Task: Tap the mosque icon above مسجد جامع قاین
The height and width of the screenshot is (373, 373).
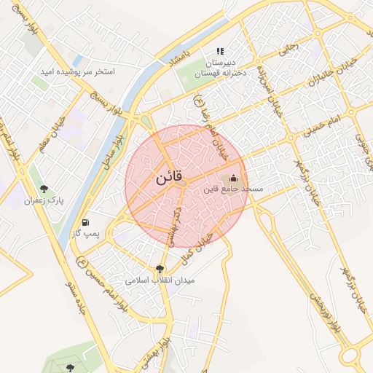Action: click(234, 178)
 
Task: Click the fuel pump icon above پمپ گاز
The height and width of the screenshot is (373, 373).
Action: click(86, 221)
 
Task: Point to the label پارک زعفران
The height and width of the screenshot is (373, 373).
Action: click(44, 200)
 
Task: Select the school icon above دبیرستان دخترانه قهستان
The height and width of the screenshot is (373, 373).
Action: click(219, 51)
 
